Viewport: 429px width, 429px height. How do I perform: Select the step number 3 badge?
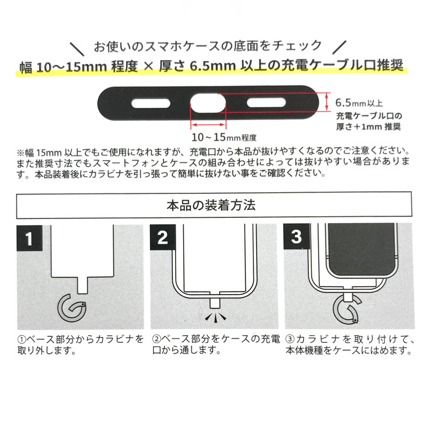[296, 237]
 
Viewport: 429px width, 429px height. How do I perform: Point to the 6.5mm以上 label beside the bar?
[359, 103]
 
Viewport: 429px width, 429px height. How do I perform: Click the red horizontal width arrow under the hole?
[209, 124]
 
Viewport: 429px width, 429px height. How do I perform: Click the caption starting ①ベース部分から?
[80, 344]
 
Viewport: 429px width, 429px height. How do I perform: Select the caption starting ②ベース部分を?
[216, 344]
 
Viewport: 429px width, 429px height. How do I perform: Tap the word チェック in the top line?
[303, 45]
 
